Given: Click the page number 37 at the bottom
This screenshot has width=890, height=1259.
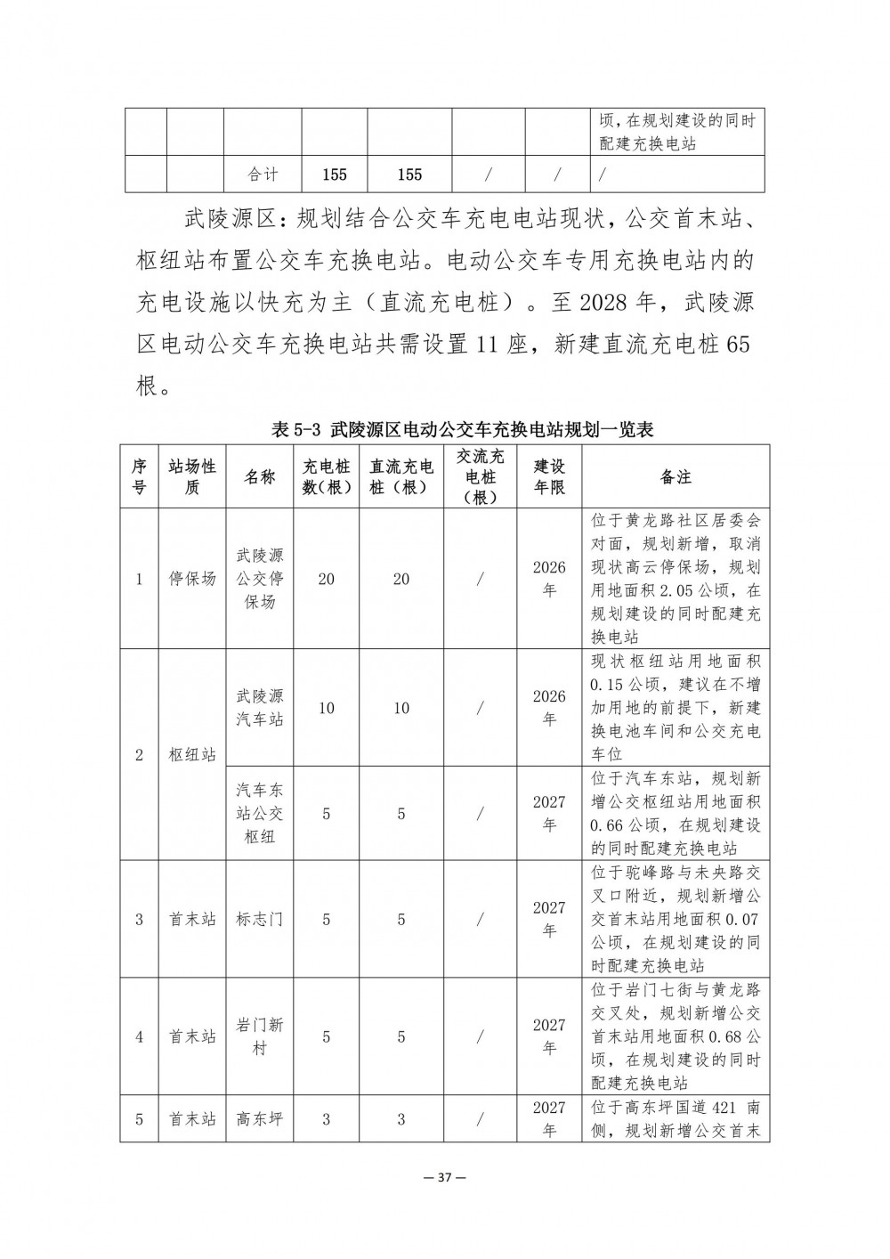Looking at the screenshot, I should (445, 1178).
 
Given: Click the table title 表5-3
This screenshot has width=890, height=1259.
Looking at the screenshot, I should (462, 430).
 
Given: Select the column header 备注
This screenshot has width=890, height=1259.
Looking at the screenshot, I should (676, 477).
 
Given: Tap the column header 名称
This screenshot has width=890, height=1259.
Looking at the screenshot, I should (260, 477).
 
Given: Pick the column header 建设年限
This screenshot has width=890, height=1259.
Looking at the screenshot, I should (549, 477).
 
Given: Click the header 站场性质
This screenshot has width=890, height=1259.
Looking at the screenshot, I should (192, 477).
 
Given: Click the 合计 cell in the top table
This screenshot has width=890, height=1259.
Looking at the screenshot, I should (262, 175).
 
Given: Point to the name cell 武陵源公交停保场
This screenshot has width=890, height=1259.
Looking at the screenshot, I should (260, 579).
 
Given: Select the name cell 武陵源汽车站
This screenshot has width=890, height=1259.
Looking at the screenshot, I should (260, 707).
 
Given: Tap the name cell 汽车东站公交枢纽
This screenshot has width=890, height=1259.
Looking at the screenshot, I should (260, 813).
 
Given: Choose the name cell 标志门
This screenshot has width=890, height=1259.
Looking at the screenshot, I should (260, 919).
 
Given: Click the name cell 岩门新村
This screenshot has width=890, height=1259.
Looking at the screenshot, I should (260, 1036).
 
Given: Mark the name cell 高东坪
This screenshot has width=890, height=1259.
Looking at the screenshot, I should (260, 1118).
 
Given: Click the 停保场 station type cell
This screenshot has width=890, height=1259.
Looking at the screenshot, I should (192, 579).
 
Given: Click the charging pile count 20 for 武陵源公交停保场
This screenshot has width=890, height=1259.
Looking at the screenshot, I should (327, 579).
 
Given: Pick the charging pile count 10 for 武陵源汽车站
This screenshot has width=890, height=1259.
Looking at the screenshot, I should (327, 708).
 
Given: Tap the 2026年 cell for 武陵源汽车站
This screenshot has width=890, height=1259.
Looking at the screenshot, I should (549, 707).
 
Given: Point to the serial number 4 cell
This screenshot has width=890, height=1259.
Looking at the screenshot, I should (139, 1036).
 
